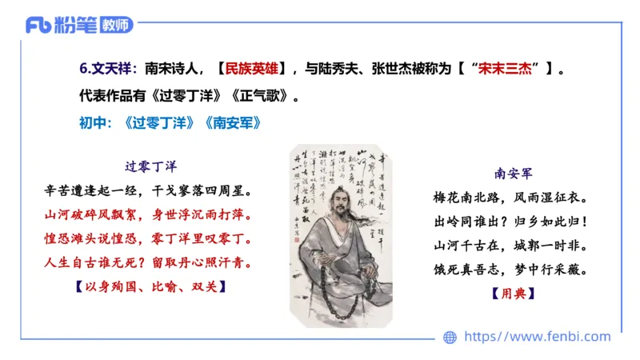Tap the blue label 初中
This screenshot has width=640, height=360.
[93, 125]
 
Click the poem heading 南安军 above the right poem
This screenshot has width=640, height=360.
[514, 172]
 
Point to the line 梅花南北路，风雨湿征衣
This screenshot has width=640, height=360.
[514, 197]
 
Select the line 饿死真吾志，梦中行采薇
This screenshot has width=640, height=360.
[514, 270]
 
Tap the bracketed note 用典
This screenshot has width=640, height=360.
[514, 294]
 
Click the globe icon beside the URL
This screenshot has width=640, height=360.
[450, 338]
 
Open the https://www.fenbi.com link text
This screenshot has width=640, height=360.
[537, 337]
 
